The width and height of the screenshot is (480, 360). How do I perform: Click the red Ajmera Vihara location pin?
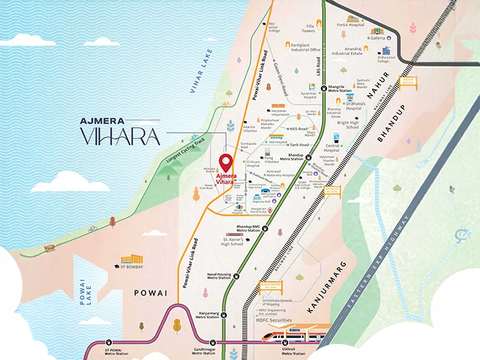pos(226,162)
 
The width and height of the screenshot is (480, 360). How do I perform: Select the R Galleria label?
pos(376,38)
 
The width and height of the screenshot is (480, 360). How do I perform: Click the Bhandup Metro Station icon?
pos(309,158)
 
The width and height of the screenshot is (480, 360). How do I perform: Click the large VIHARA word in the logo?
pos(119,136)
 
